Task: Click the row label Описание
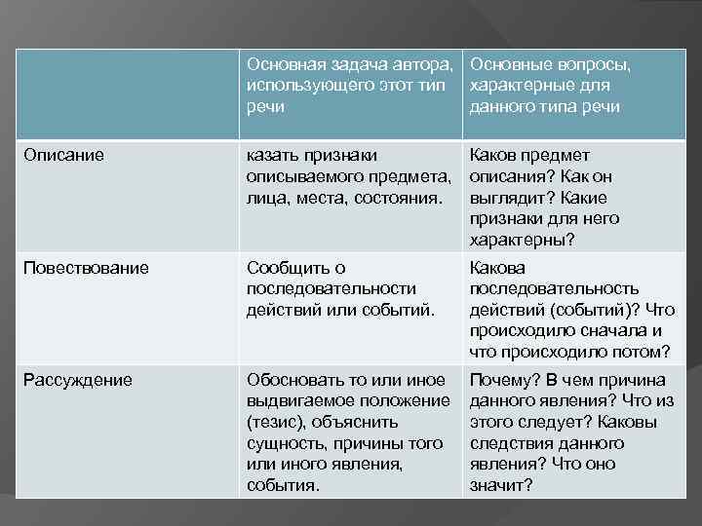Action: (x=64, y=155)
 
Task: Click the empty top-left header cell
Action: (x=128, y=94)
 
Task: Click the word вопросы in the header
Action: (x=587, y=65)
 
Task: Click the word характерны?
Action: (x=523, y=241)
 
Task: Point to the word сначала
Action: (x=603, y=331)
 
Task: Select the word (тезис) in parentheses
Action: (x=279, y=422)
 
